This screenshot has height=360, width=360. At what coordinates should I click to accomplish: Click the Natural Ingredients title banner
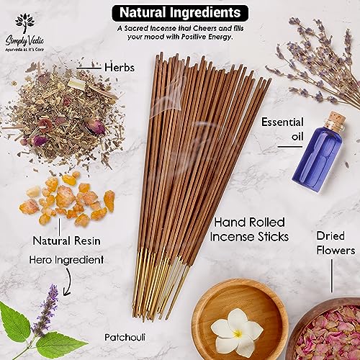(180, 13)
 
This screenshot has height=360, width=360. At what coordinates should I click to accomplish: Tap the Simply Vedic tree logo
(24, 23)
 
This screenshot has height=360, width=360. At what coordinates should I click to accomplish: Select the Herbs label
(120, 68)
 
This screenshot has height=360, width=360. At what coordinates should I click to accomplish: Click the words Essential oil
(282, 129)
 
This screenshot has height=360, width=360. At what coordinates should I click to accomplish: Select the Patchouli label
(125, 337)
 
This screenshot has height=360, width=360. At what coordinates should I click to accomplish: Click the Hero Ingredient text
(66, 260)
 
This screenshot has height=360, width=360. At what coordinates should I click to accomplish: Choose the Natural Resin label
(66, 240)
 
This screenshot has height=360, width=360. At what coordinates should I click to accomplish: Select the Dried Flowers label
(336, 243)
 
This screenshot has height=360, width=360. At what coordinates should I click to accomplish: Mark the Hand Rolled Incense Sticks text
(249, 230)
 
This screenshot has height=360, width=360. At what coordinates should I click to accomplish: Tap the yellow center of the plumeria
(238, 333)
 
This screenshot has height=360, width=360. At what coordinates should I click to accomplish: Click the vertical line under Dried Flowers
(332, 276)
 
